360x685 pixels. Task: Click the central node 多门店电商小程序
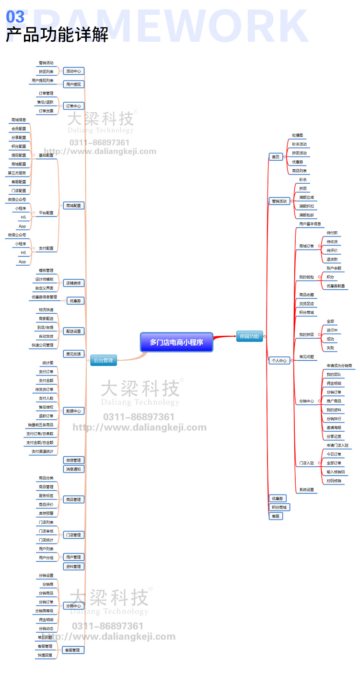coord(176,342)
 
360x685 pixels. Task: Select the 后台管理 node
coord(104,360)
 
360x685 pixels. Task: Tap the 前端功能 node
coord(249,336)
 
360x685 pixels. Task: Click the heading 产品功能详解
coord(57,35)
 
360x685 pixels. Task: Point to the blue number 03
coord(15,17)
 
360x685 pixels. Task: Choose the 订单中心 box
coord(74,106)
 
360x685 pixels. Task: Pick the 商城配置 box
coord(74,205)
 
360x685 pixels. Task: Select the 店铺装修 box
coord(74,283)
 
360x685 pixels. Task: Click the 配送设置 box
coord(74,331)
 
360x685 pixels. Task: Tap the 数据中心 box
coord(74,411)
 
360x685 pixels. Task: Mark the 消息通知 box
coord(74,469)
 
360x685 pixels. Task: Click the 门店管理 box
coord(74,535)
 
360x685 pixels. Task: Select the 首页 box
coord(275,157)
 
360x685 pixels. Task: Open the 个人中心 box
coord(279,360)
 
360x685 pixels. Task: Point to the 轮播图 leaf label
coord(298,136)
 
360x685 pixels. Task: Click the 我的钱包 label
coord(306,277)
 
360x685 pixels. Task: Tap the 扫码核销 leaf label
coord(334,481)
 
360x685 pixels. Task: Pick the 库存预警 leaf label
coord(46,513)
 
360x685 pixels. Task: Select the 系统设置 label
coord(307,490)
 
